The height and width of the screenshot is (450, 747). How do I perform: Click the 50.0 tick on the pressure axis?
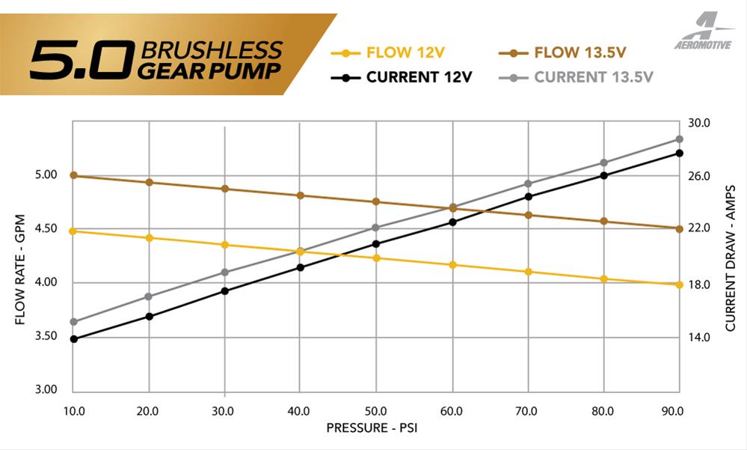(x=375, y=411)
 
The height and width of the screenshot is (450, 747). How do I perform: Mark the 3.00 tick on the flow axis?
(x=46, y=390)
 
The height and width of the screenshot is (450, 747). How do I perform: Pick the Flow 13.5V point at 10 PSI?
(x=73, y=175)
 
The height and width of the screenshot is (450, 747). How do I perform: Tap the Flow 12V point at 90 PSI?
(x=680, y=285)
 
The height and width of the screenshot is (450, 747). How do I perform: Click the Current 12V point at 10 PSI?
(x=73, y=339)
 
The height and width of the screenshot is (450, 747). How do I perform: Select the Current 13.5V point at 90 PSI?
(x=680, y=139)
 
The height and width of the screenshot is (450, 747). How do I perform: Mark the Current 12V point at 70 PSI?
(x=528, y=196)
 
